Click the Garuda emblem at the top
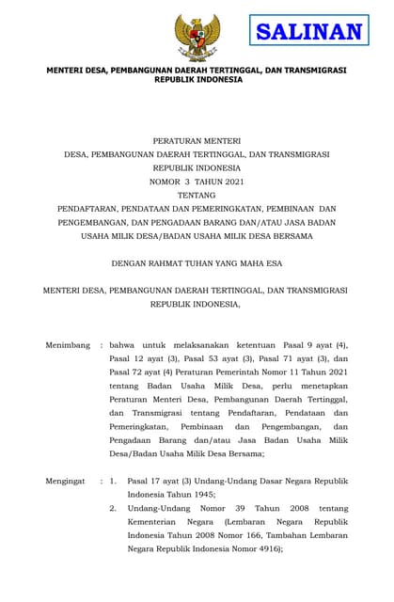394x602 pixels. coord(197,39)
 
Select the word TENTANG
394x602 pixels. coord(196,195)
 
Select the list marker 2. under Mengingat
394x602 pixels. coord(113,508)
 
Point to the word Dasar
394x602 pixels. coord(278,481)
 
